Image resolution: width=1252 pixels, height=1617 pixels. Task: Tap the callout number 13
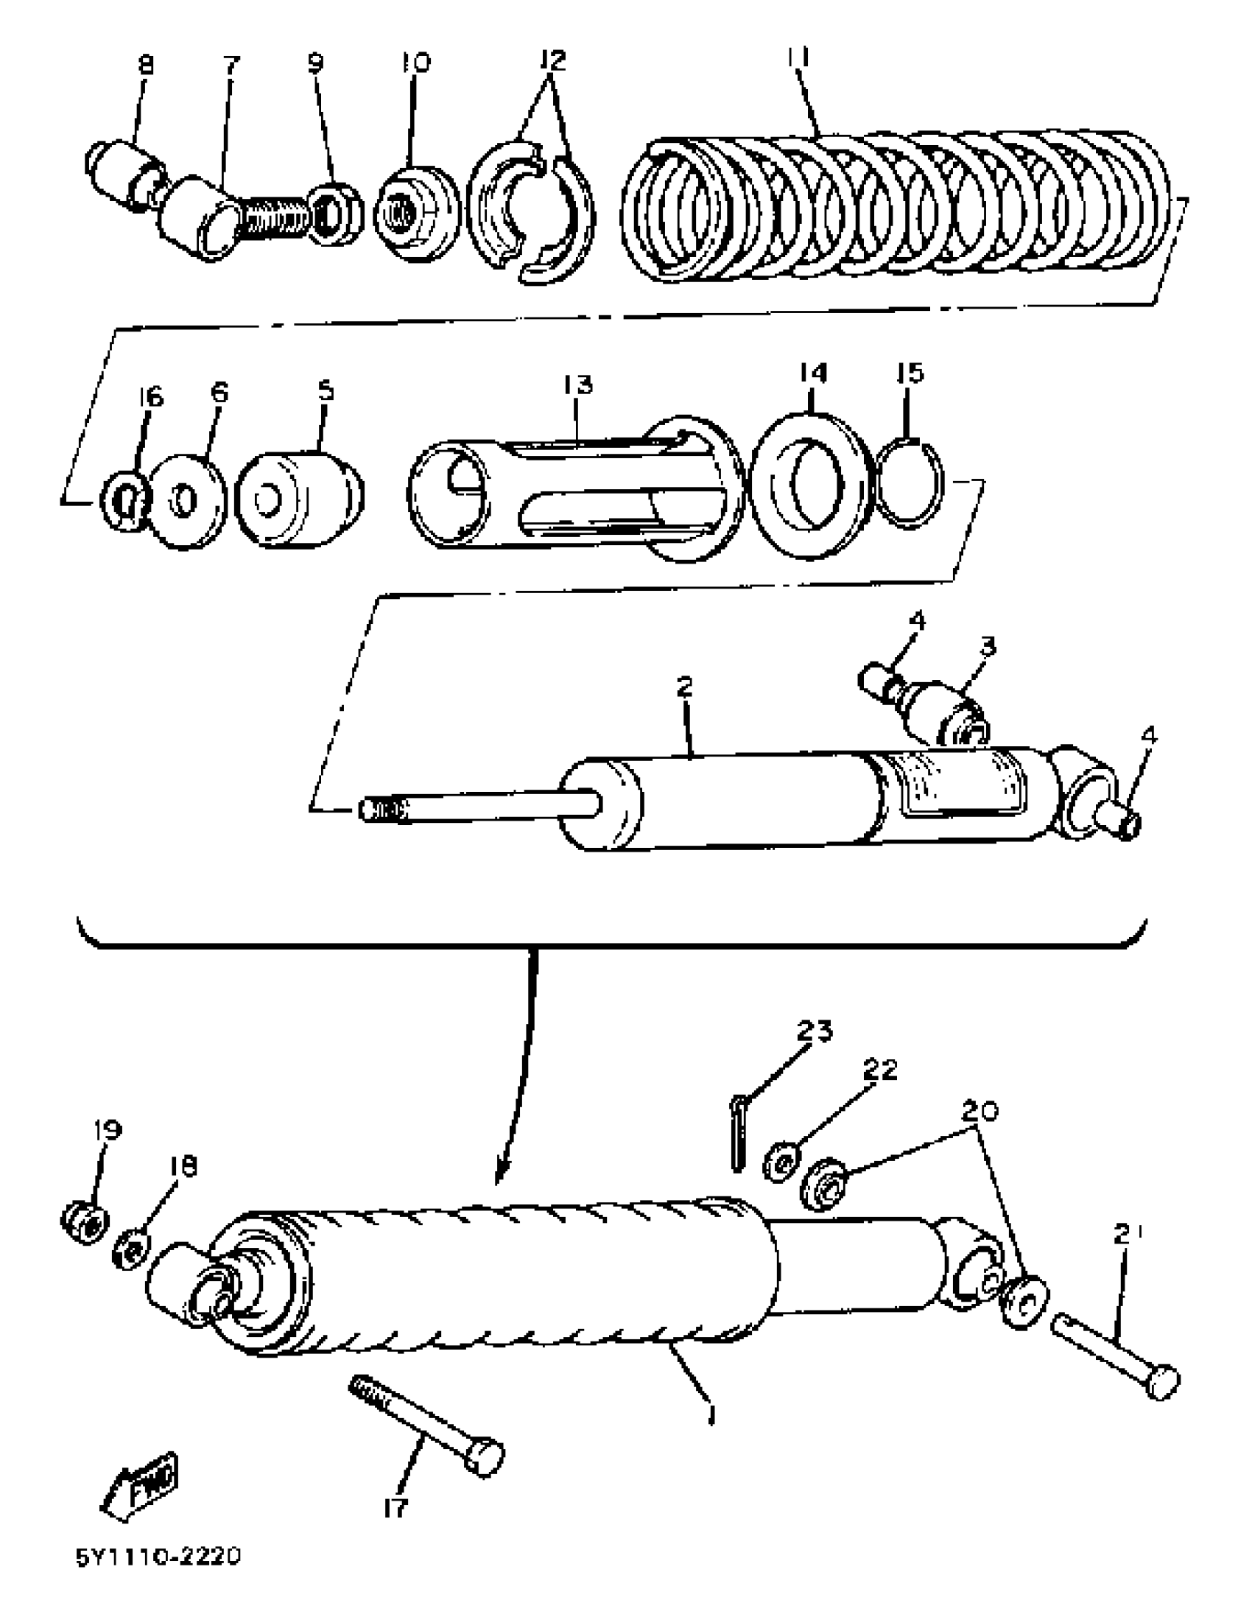click(x=577, y=385)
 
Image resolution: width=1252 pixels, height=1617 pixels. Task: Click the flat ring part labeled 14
click(x=810, y=484)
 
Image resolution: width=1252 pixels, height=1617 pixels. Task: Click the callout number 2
click(x=685, y=686)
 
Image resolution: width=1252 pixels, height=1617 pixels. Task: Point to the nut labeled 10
click(x=417, y=213)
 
